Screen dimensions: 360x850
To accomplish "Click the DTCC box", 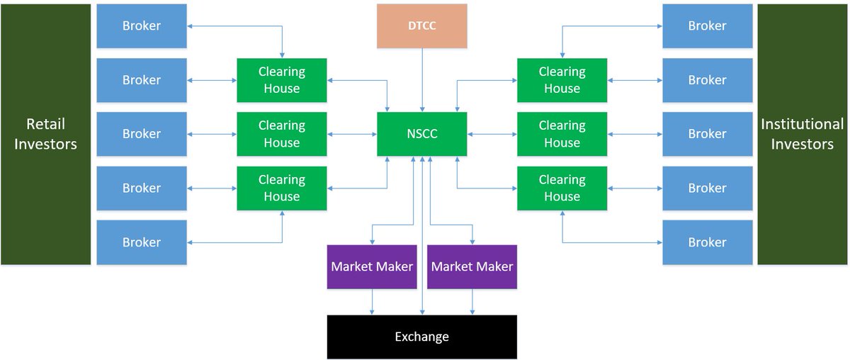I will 422,26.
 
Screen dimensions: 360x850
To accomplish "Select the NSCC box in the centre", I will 422,134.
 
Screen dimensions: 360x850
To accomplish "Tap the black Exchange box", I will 422,337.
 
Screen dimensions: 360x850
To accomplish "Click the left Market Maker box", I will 372,267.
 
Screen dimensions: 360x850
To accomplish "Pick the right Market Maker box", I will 472,267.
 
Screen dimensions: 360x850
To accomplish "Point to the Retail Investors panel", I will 46,134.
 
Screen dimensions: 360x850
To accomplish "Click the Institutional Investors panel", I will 803,134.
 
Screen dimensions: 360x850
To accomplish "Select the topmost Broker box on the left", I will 142,26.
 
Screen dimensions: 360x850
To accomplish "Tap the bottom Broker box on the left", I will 142,242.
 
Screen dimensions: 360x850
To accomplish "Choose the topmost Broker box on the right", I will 707,26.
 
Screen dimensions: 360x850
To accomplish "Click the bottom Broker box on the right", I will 707,242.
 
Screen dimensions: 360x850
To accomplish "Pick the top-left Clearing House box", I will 282,80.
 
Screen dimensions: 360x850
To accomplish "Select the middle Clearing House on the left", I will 282,134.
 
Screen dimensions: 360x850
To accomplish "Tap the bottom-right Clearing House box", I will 562,188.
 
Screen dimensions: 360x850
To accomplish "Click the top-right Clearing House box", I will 562,80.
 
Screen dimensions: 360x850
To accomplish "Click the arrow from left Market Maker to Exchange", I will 372,302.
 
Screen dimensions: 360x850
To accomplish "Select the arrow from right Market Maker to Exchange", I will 472,302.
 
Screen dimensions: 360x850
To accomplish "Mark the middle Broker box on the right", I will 707,134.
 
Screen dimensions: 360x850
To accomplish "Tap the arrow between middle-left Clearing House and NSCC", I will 352,134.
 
